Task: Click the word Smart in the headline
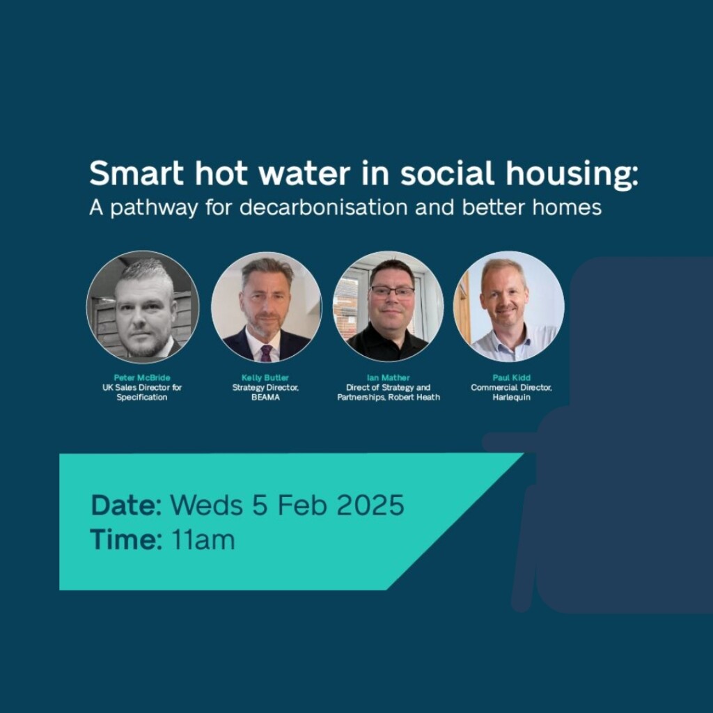(x=136, y=173)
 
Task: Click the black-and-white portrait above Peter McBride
(x=143, y=307)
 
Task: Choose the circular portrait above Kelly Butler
(x=267, y=307)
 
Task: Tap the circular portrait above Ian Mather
(x=388, y=307)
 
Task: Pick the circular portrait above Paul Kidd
(x=509, y=307)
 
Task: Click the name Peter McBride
(x=142, y=377)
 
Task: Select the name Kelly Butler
(x=265, y=377)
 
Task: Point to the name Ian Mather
(x=389, y=377)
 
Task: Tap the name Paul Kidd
(x=512, y=377)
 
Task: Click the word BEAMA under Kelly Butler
(x=265, y=398)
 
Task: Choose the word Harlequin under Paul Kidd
(x=512, y=398)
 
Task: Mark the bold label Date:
(x=127, y=506)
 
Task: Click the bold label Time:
(x=126, y=540)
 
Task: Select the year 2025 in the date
(x=370, y=506)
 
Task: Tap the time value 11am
(x=203, y=540)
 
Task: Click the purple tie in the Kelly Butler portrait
(x=266, y=353)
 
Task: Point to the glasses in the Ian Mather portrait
(x=392, y=291)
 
